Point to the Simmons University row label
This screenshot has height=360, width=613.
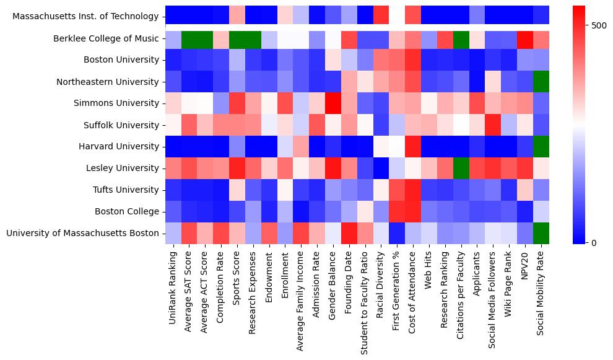(x=116, y=103)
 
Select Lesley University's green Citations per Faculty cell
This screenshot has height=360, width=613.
(x=461, y=169)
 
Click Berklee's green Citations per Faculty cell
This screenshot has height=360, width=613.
(x=461, y=38)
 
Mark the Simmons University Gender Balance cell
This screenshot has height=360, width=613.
(x=333, y=103)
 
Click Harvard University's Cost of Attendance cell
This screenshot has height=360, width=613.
(x=413, y=147)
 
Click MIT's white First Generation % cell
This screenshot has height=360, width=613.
(x=397, y=17)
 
